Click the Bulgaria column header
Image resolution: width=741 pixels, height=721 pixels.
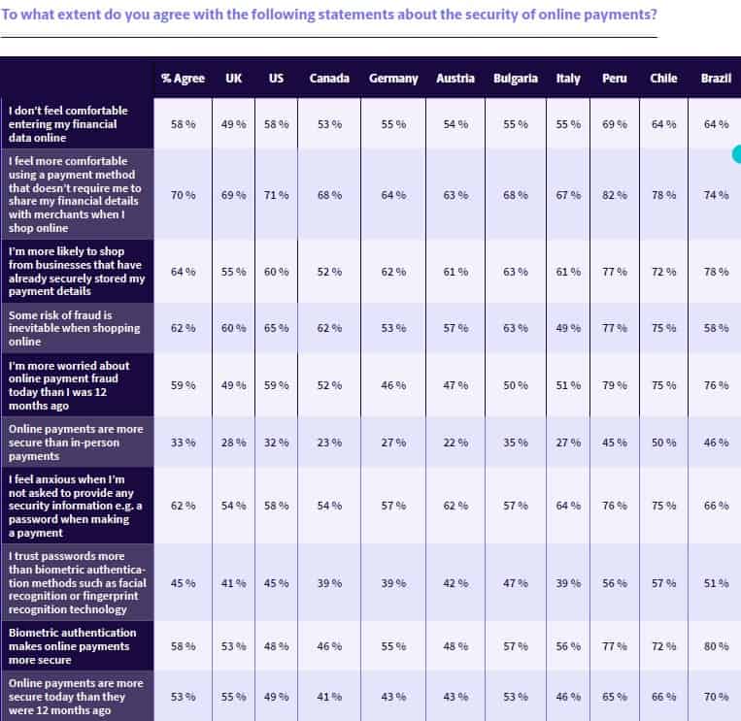pyautogui.click(x=515, y=79)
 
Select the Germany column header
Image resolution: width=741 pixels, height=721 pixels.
pyautogui.click(x=393, y=79)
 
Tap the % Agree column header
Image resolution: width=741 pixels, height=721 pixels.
pyautogui.click(x=183, y=79)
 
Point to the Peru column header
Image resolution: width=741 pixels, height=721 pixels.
pyautogui.click(x=615, y=79)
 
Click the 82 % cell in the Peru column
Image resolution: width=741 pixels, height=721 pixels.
pyautogui.click(x=615, y=195)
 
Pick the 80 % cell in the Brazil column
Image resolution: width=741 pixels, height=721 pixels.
pyautogui.click(x=717, y=646)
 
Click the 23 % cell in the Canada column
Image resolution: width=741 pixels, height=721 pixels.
pyautogui.click(x=329, y=442)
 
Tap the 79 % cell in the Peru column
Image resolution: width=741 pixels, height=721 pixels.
pyautogui.click(x=615, y=385)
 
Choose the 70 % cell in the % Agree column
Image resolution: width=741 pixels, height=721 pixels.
pyautogui.click(x=183, y=195)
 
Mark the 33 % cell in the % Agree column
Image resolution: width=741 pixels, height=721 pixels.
pyautogui.click(x=183, y=442)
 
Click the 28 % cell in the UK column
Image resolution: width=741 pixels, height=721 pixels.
pyautogui.click(x=234, y=442)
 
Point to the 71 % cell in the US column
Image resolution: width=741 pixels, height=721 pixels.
pyautogui.click(x=277, y=195)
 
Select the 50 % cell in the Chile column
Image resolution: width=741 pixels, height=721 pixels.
pyautogui.click(x=664, y=442)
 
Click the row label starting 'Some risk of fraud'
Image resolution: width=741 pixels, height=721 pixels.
pyautogui.click(x=74, y=328)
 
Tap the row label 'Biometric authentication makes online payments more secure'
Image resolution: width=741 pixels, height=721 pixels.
pyautogui.click(x=73, y=646)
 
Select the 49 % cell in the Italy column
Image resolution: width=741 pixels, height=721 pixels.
pyautogui.click(x=568, y=328)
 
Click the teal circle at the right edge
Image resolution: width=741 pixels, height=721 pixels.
pyautogui.click(x=737, y=153)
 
